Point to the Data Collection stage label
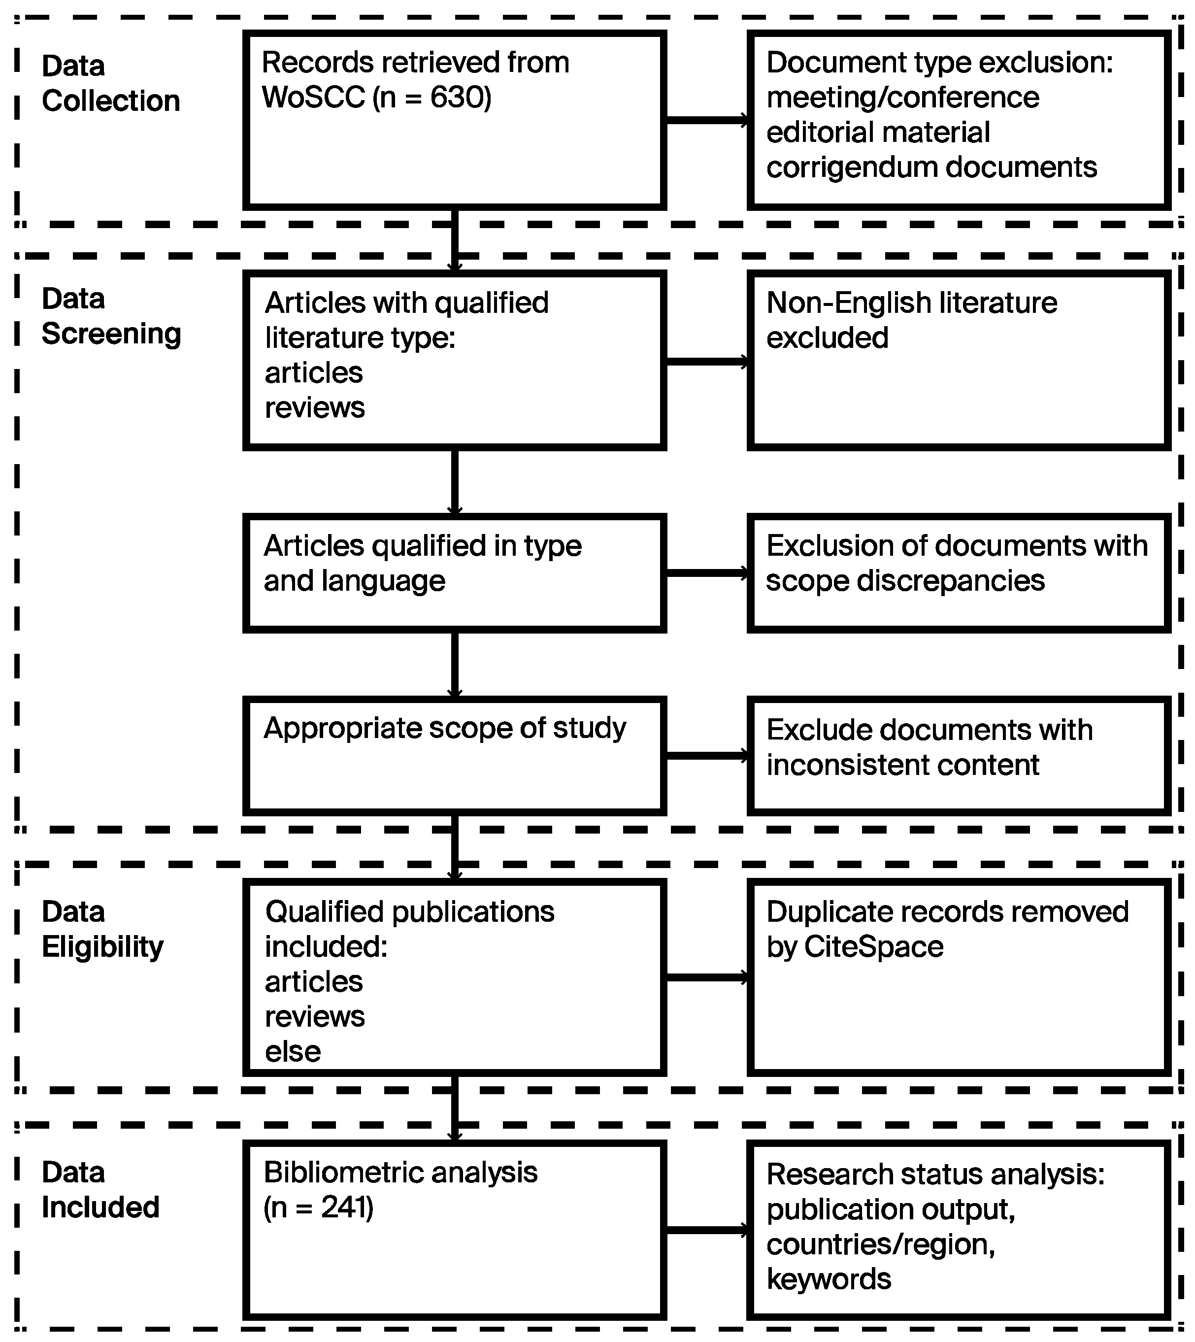[110, 83]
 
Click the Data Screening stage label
[110, 316]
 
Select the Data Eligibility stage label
[103, 929]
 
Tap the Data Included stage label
[100, 1190]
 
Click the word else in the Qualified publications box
[293, 1052]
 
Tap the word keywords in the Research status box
[829, 1279]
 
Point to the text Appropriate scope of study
[444, 728]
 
